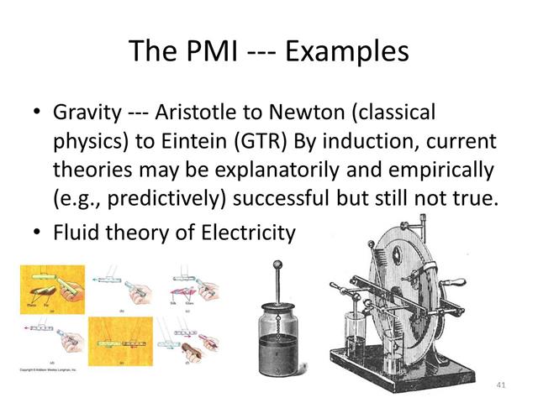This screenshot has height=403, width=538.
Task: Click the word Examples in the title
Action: pyautogui.click(x=347, y=51)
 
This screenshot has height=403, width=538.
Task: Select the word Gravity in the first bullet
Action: pyautogui.click(x=82, y=112)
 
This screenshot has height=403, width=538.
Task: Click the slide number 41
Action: pyautogui.click(x=502, y=383)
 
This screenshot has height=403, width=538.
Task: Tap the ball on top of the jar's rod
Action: pyautogui.click(x=278, y=268)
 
